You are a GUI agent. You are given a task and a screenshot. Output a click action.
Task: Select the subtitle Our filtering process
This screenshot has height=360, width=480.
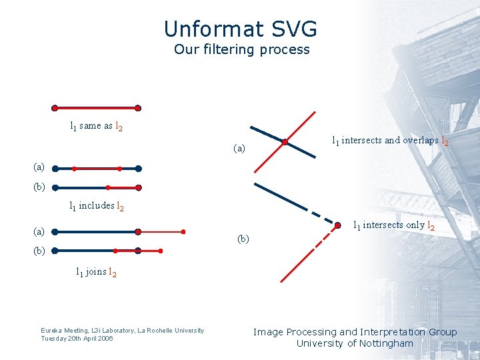tap(241, 49)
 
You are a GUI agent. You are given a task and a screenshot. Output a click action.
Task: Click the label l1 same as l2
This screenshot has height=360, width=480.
tap(96, 126)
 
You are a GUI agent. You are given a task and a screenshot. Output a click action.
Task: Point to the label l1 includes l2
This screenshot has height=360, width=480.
tap(97, 206)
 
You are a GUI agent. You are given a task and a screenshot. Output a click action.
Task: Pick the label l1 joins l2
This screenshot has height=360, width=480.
tap(96, 272)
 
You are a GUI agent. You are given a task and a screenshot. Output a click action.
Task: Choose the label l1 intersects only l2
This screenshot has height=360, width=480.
tap(393, 225)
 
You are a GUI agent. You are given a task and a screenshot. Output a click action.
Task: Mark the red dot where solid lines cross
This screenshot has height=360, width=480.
tap(285, 142)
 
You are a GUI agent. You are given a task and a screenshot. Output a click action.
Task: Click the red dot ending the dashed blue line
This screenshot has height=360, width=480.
tap(338, 225)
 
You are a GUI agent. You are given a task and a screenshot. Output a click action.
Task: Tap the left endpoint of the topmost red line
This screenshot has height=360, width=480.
tap(55, 108)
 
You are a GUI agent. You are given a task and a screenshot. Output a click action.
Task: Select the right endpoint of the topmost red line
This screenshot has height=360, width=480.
tap(138, 108)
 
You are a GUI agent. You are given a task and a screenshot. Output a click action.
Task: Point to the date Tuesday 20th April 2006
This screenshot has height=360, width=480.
tap(77, 338)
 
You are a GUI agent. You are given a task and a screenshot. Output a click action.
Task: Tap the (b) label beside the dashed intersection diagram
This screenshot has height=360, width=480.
tap(243, 239)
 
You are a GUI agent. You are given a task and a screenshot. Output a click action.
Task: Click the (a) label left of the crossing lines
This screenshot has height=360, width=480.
tap(239, 148)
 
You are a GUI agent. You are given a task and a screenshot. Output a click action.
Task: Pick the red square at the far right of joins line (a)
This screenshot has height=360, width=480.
tap(183, 232)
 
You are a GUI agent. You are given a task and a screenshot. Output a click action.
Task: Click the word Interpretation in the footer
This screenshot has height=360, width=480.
tap(394, 332)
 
